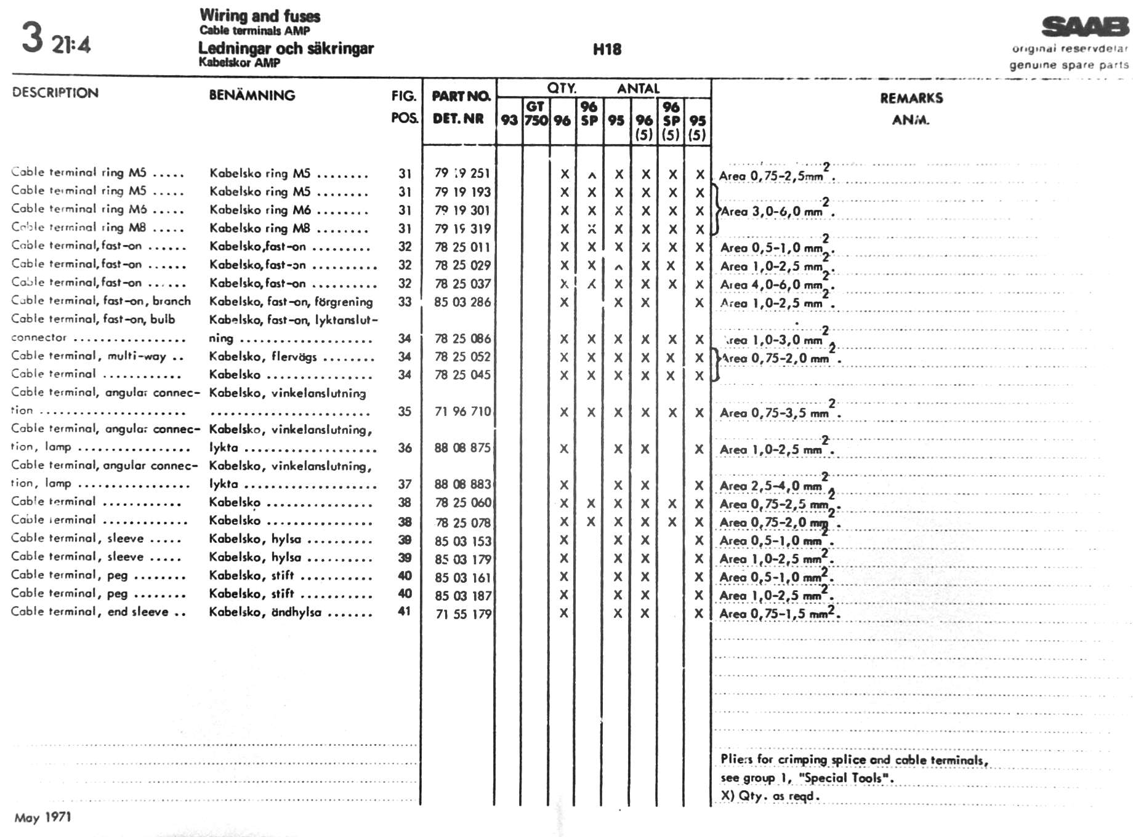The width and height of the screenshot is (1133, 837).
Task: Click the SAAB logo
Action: coord(1085,26)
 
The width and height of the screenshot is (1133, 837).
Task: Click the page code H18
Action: coord(607,49)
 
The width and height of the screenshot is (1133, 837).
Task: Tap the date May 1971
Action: coord(42,817)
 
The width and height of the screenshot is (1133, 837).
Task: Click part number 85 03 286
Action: coord(462,302)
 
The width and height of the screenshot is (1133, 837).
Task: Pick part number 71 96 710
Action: coord(462,412)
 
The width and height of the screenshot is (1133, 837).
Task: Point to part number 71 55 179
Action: coord(463,614)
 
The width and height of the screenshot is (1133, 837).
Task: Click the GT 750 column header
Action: coord(536,114)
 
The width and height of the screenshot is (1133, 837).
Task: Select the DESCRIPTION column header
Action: coord(55,93)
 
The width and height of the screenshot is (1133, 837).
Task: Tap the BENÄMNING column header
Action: coord(252,95)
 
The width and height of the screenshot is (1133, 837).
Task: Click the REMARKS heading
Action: coord(911,98)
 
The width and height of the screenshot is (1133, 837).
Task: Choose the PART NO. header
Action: coord(461,96)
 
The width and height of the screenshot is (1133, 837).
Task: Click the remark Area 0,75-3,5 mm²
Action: coord(778,412)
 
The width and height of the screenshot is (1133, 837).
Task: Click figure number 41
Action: coord(404,612)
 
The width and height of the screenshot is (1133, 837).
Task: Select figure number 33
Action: coord(404,302)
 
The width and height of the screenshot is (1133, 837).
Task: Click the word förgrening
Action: coord(344,302)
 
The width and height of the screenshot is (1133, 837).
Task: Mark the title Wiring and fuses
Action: coord(260,15)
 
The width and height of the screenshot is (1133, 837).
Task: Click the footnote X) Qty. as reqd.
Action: coord(770,796)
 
